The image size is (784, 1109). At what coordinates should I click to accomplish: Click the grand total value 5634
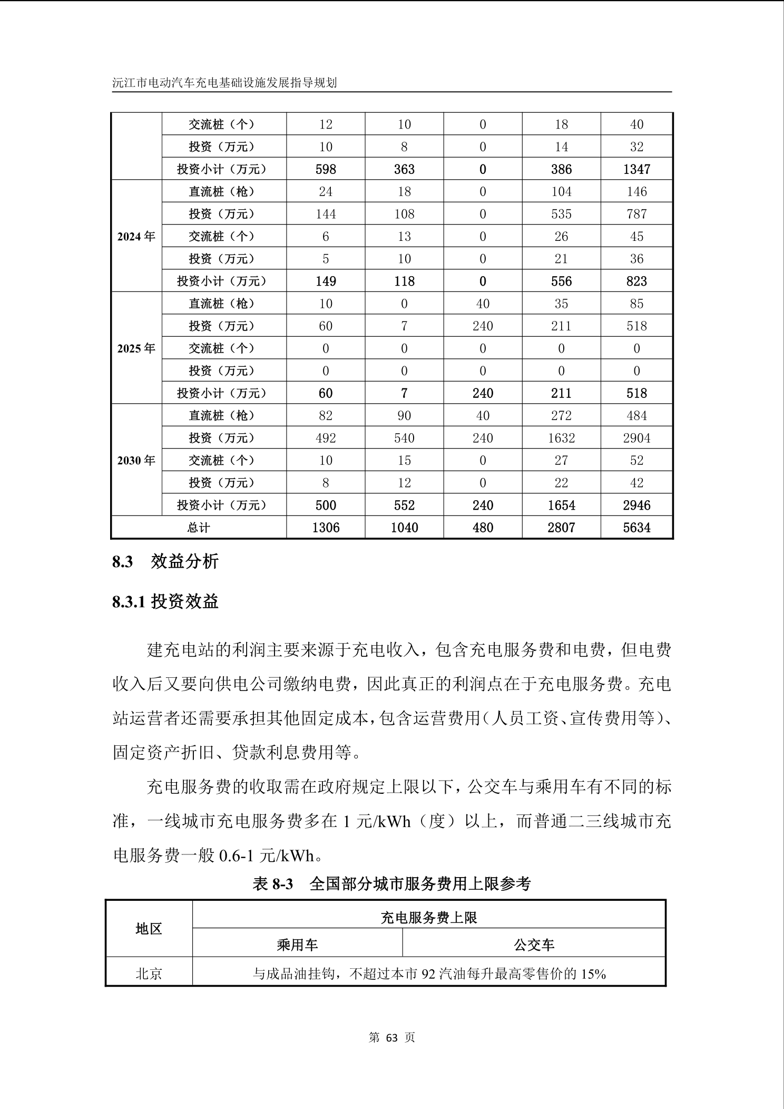[x=636, y=528]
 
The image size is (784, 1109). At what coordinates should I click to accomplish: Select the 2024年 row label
[x=136, y=237]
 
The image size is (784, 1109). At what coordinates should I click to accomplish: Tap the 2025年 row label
[x=136, y=348]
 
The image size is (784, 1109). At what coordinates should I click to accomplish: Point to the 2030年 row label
[x=136, y=461]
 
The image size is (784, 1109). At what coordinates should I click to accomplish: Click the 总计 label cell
[x=198, y=528]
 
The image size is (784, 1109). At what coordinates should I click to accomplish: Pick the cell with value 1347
[x=636, y=169]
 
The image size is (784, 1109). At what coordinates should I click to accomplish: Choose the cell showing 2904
[x=636, y=438]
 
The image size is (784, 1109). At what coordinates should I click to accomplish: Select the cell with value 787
[x=636, y=214]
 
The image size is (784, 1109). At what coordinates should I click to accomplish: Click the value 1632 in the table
[x=561, y=438]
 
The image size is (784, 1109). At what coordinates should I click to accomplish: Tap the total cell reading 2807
[x=561, y=528]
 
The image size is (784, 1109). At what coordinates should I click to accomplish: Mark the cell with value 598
[x=326, y=169]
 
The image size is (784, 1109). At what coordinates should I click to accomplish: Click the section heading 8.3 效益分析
[x=165, y=561]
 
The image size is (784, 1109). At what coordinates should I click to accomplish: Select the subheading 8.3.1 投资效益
[x=165, y=601]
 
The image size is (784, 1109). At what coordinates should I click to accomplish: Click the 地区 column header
[x=149, y=929]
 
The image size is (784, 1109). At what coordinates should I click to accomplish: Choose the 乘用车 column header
[x=297, y=945]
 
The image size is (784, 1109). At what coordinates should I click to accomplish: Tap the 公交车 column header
[x=534, y=945]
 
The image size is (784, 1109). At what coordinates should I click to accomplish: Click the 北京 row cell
[x=149, y=974]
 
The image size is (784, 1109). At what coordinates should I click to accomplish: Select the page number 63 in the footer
[x=391, y=1038]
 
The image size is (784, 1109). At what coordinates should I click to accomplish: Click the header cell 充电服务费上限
[x=428, y=918]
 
